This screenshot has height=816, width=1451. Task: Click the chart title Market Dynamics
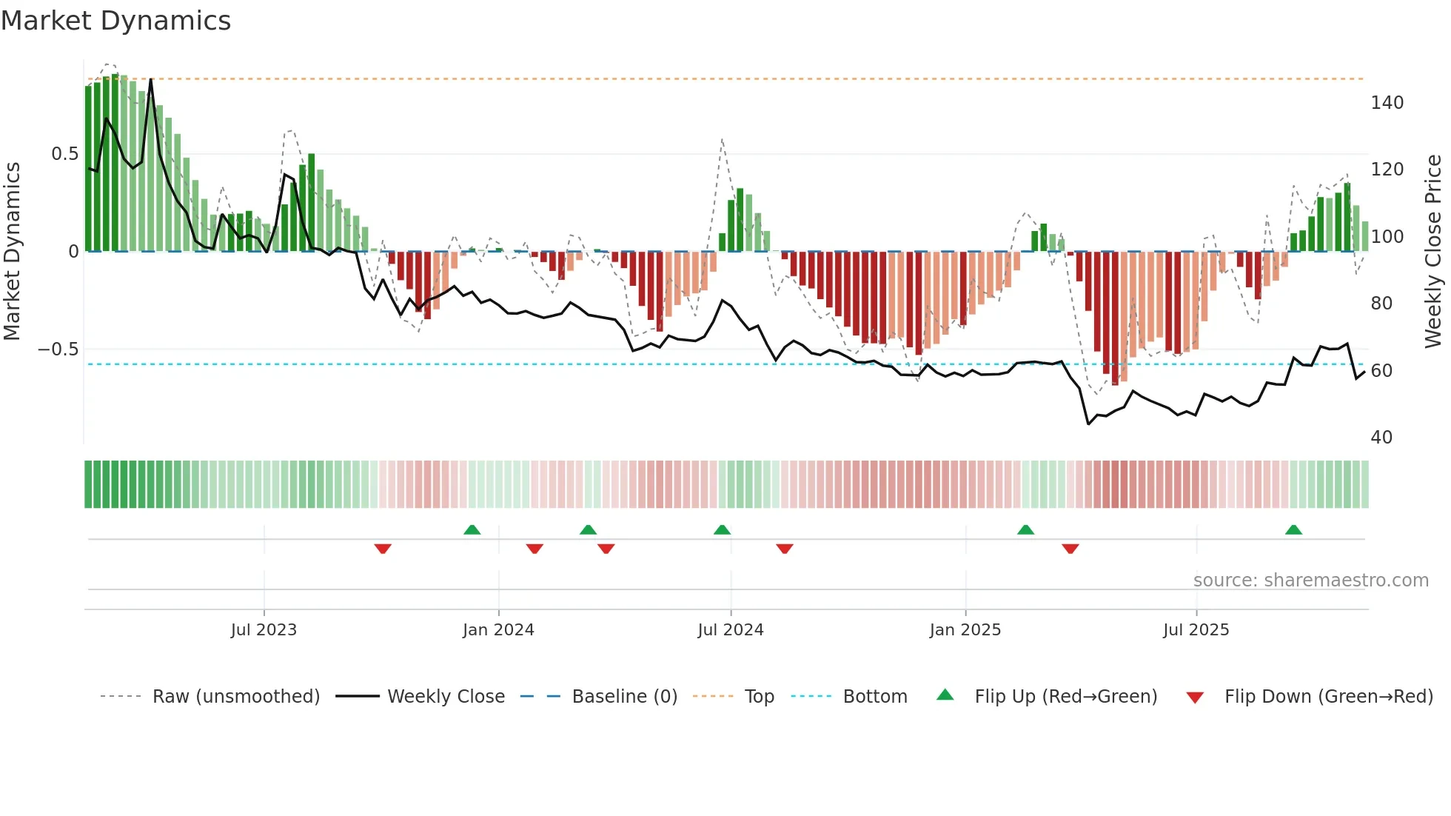click(x=116, y=21)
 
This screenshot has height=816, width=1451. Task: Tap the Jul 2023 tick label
click(x=264, y=629)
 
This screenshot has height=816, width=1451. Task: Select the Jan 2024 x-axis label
click(x=498, y=629)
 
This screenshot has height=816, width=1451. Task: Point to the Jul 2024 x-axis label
click(x=731, y=629)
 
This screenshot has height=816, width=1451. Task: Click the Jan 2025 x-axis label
click(x=965, y=629)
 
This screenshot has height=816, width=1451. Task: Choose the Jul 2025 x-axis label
click(x=1196, y=629)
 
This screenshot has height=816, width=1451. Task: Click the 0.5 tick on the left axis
click(x=65, y=154)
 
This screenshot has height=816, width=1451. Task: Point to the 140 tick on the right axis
click(x=1387, y=103)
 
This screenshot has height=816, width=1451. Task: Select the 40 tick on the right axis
click(x=1381, y=437)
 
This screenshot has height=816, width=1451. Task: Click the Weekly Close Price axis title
click(x=1433, y=251)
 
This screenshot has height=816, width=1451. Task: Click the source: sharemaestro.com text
click(x=1310, y=580)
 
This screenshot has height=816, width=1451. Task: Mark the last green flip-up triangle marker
click(x=1293, y=529)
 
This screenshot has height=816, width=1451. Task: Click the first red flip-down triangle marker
click(x=383, y=549)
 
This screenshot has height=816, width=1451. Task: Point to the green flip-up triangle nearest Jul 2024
click(x=722, y=529)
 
